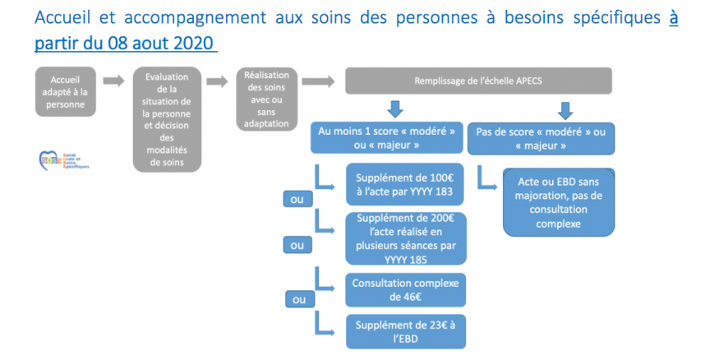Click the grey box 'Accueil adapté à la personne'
[x=66, y=90]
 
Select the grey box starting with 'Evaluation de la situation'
[x=167, y=119]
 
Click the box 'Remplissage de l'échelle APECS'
[x=478, y=81]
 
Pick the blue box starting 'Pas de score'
[x=539, y=138]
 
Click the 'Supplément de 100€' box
[x=406, y=186]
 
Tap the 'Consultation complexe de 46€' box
[x=406, y=288]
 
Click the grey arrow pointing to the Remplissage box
[x=320, y=81]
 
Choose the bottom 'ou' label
[x=297, y=300]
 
